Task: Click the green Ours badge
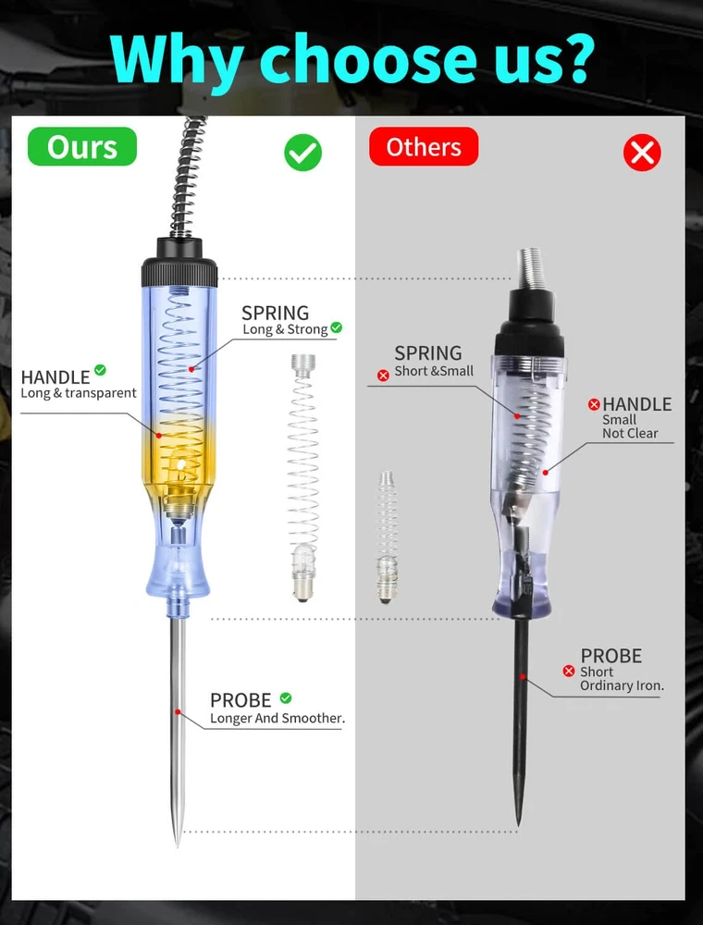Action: click(x=82, y=146)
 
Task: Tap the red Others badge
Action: click(x=424, y=146)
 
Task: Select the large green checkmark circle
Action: click(x=303, y=153)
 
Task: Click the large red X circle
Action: click(x=642, y=153)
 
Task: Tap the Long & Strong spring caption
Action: click(x=285, y=329)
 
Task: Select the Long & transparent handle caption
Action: click(x=79, y=393)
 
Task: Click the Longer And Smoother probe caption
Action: click(x=277, y=718)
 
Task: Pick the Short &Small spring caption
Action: click(x=434, y=371)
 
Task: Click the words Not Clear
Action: click(x=630, y=433)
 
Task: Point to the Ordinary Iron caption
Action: click(x=622, y=685)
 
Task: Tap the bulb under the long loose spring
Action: click(x=303, y=573)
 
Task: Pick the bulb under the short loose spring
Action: click(x=387, y=579)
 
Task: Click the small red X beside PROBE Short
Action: click(x=569, y=672)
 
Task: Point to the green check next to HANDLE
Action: click(x=100, y=370)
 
